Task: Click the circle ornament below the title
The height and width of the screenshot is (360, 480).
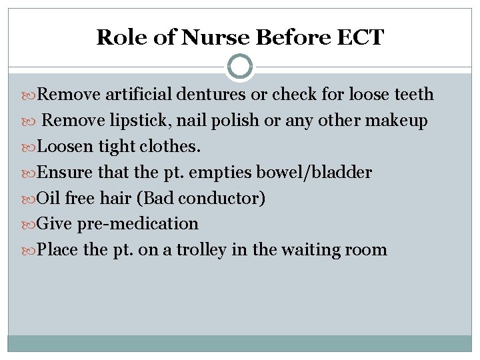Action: click(x=240, y=67)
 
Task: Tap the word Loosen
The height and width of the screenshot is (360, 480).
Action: click(x=67, y=146)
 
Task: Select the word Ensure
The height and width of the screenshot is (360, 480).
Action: click(x=65, y=172)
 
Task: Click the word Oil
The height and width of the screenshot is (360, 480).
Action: click(x=49, y=198)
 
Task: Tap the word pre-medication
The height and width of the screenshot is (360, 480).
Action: click(x=138, y=224)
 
